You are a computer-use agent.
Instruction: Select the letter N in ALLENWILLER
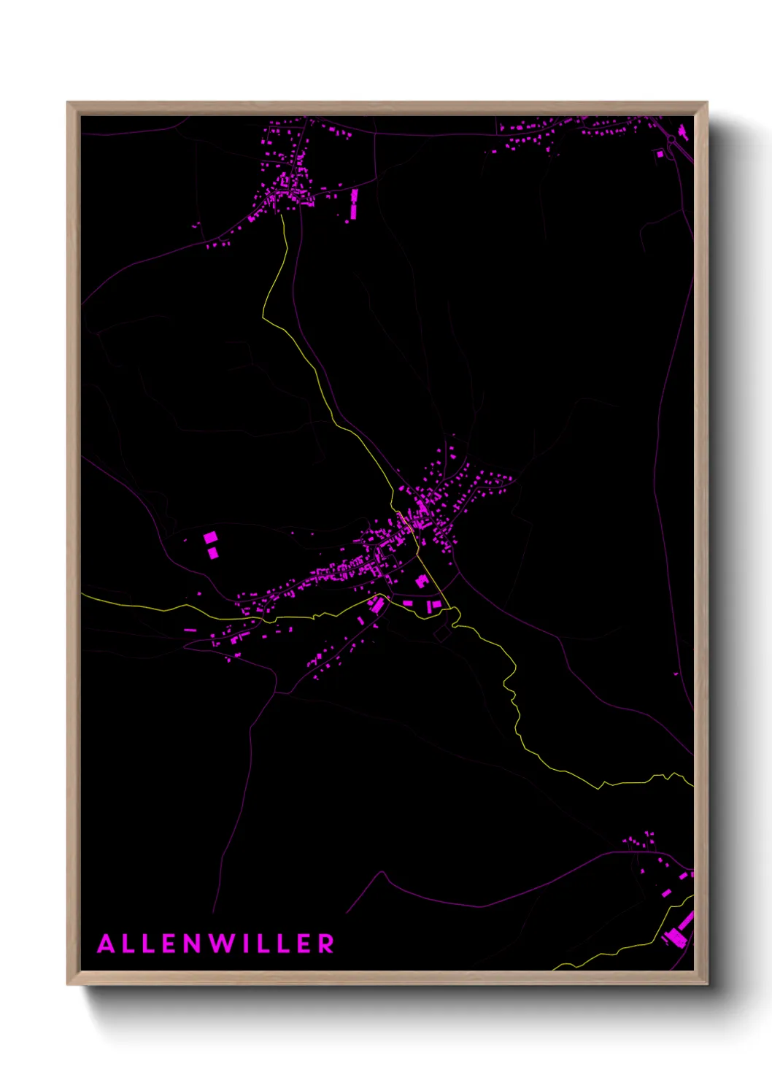pyautogui.click(x=192, y=944)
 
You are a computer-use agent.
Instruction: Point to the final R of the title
pyautogui.click(x=325, y=944)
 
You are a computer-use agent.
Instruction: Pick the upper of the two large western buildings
pyautogui.click(x=210, y=538)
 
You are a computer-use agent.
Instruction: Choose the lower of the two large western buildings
pyautogui.click(x=213, y=553)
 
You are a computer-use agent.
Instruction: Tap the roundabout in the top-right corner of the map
pyautogui.click(x=671, y=139)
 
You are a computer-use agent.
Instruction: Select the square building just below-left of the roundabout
pyautogui.click(x=660, y=154)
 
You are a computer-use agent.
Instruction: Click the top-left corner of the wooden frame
pyautogui.click(x=68, y=103)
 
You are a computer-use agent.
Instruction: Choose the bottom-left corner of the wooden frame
pyautogui.click(x=68, y=984)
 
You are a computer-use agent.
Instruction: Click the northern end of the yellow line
pyautogui.click(x=282, y=213)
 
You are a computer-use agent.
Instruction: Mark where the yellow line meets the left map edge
pyautogui.click(x=82, y=595)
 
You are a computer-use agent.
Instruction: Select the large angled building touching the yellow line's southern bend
pyautogui.click(x=377, y=605)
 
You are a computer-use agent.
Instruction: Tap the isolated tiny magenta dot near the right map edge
pyautogui.click(x=676, y=674)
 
